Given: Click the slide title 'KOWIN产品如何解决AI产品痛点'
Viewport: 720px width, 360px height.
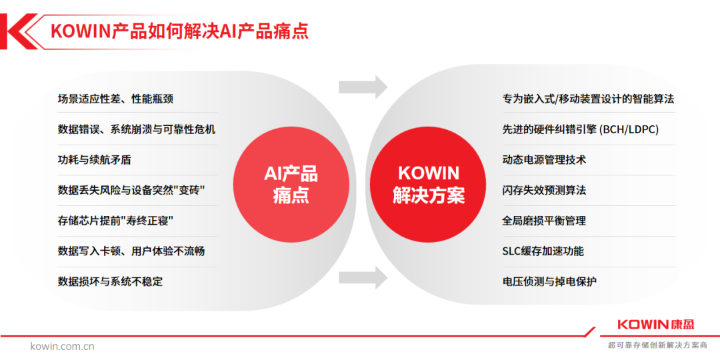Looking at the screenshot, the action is click(x=180, y=31).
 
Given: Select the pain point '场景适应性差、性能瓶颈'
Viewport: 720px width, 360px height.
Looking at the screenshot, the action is click(x=116, y=99).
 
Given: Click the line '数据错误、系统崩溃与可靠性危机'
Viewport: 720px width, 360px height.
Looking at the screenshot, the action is click(x=137, y=129).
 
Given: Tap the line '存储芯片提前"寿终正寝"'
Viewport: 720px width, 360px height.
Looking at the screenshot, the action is click(x=115, y=221).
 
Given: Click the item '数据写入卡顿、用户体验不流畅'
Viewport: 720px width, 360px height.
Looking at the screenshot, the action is click(x=131, y=251).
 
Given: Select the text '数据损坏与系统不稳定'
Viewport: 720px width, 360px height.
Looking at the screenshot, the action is click(x=110, y=281).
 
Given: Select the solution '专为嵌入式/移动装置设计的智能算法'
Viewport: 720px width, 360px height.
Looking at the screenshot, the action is click(x=588, y=99).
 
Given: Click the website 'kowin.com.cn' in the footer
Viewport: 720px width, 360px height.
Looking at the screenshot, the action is click(x=63, y=346).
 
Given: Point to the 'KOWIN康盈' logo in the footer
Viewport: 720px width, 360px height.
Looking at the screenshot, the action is click(x=656, y=325).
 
